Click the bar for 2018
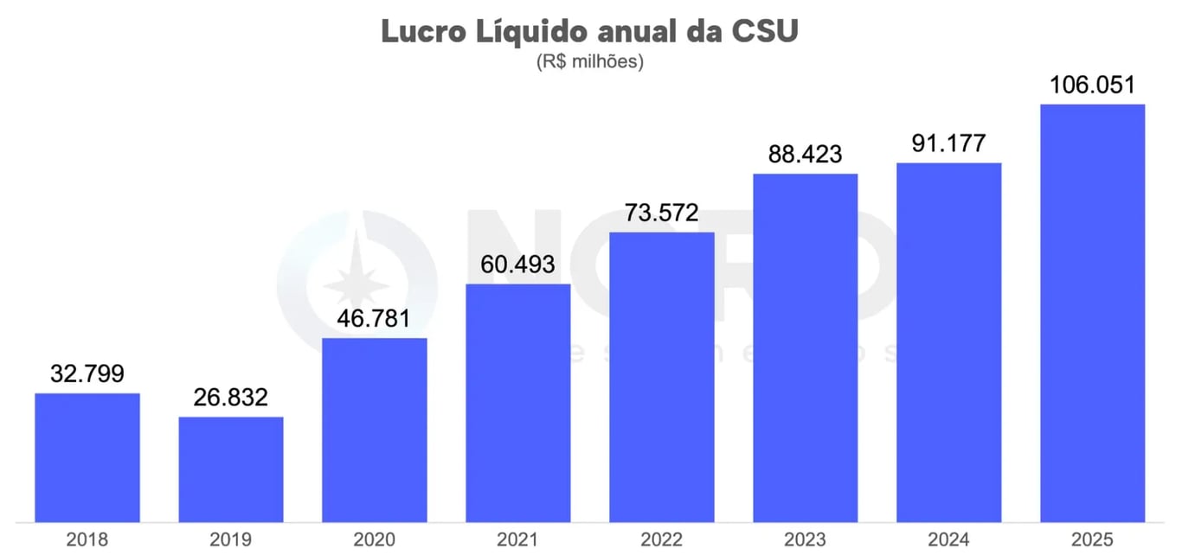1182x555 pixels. (x=87, y=457)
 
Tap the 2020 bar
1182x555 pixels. (x=375, y=430)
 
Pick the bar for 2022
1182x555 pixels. (x=662, y=377)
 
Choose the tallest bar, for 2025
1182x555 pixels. (x=1093, y=313)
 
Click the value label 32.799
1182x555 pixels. (x=87, y=374)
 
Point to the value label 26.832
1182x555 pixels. (x=231, y=398)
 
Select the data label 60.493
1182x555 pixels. (x=518, y=265)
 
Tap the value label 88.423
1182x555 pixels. (x=806, y=155)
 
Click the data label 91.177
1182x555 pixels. (x=949, y=144)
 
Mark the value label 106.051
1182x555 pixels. (x=1093, y=86)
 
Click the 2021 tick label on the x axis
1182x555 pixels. (x=518, y=540)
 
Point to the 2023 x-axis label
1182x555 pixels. (x=806, y=540)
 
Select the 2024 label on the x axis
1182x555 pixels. (x=949, y=540)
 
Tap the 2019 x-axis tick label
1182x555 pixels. (x=231, y=540)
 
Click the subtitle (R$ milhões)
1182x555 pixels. (x=590, y=63)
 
